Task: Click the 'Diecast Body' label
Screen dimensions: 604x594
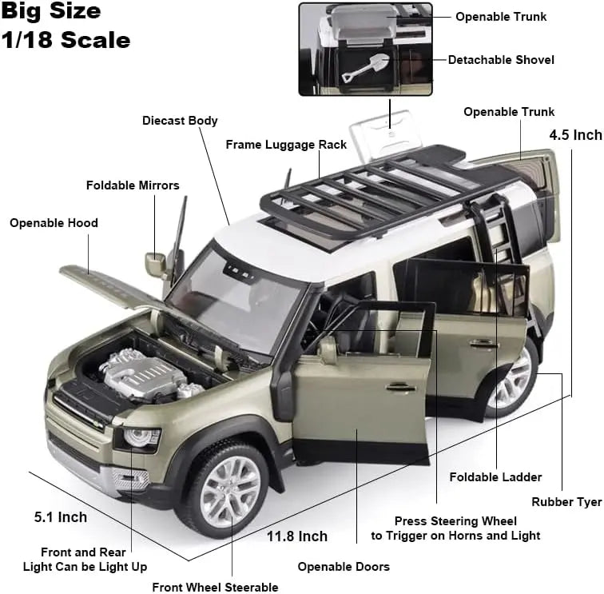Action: tap(180, 121)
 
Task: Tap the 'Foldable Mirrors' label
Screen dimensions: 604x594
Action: tap(133, 185)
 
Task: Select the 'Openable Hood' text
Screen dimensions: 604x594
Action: tap(54, 223)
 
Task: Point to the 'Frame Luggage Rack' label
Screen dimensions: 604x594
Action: tap(286, 145)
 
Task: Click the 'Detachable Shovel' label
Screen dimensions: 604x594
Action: tap(501, 60)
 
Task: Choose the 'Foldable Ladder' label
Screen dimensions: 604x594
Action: tap(495, 477)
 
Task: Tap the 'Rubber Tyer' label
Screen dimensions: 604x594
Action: tap(566, 502)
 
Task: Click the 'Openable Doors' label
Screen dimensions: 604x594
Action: tap(344, 567)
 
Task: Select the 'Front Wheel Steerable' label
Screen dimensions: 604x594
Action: tap(215, 587)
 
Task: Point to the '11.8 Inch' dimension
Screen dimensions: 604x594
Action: tap(297, 536)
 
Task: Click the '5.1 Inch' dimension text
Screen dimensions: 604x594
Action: tap(61, 517)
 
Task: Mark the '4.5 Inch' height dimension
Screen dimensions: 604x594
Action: tap(575, 135)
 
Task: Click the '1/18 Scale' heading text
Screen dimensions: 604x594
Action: tap(66, 40)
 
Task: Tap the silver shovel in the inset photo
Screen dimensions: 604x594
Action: tap(365, 66)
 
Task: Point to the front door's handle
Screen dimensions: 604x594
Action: tap(401, 387)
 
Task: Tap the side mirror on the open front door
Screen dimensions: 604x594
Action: tap(327, 349)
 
